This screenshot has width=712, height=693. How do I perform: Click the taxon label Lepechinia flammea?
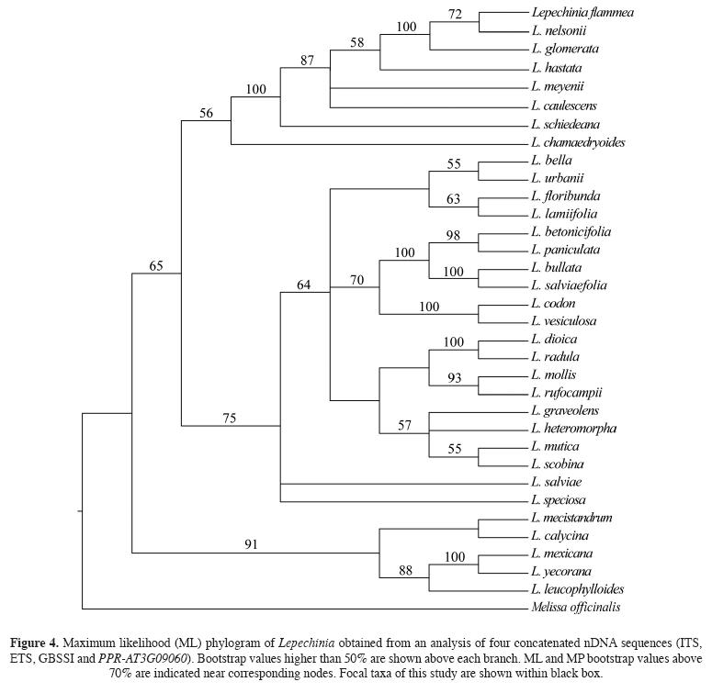582,13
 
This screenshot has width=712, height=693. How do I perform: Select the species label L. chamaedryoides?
579,143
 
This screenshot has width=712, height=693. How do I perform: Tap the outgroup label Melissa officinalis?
576,608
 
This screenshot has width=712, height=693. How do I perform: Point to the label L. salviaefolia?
569,285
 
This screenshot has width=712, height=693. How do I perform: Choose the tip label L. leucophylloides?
576,589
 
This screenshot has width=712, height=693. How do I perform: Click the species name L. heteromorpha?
573,429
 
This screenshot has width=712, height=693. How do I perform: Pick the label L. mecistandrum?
571,518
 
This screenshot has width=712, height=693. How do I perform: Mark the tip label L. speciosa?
559,500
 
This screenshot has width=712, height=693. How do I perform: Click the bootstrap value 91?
251,543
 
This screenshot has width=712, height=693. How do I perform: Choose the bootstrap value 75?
230,418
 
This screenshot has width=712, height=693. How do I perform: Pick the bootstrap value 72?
454,15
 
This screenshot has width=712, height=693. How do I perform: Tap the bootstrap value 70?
358,280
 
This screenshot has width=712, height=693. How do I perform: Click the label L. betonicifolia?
571,232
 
